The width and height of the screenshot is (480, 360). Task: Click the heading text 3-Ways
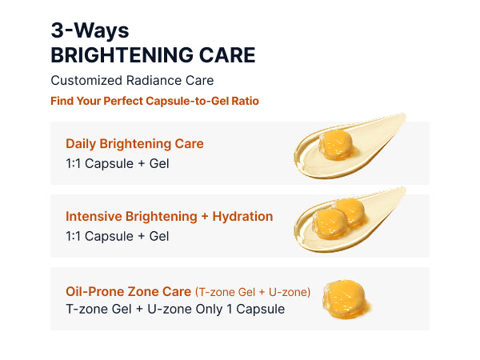90,31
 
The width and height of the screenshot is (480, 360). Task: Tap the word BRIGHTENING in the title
122,55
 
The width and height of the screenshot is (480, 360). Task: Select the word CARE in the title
227,55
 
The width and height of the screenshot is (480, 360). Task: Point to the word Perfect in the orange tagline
123,101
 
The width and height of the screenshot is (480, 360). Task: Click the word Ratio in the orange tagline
246,101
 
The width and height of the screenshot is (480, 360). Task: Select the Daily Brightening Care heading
134,143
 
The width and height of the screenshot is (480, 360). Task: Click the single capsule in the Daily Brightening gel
335,145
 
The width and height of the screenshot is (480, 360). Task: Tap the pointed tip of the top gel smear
405,114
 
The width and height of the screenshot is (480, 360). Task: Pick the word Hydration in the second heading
242,217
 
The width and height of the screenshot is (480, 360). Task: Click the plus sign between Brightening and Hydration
205,217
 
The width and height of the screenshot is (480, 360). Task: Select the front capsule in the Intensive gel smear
330,223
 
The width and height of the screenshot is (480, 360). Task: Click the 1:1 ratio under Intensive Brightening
73,236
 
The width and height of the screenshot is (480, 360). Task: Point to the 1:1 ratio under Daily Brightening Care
73,164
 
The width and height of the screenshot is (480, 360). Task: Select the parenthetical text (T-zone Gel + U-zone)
253,292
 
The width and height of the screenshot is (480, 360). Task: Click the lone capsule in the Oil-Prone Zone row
346,298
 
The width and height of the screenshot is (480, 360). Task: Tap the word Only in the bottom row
209,309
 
